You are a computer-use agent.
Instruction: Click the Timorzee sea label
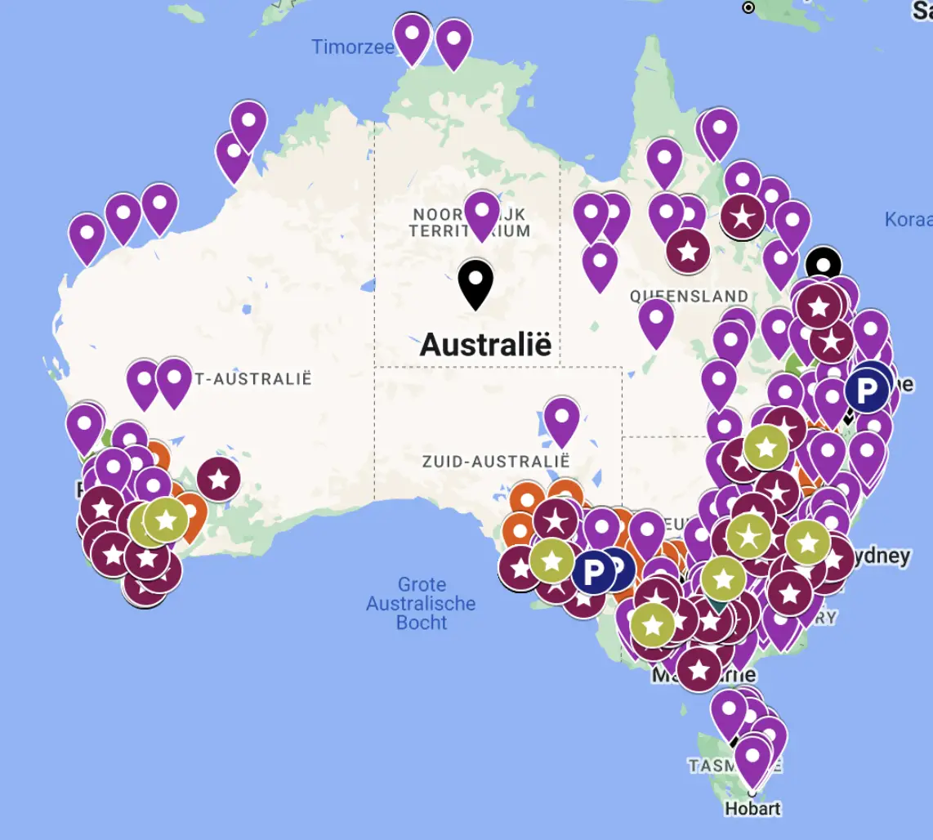(x=352, y=47)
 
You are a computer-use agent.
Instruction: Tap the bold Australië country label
(x=485, y=344)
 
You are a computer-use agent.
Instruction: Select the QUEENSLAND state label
(x=689, y=296)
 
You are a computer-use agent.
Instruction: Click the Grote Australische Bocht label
(x=421, y=604)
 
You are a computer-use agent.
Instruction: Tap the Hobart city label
(x=752, y=809)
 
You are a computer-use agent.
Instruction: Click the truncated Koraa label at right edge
(x=908, y=220)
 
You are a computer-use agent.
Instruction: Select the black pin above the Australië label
(x=475, y=282)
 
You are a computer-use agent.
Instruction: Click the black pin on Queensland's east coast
(x=823, y=265)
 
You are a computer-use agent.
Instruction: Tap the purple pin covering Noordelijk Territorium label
(x=481, y=212)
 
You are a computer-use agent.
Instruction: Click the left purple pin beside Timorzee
(x=412, y=36)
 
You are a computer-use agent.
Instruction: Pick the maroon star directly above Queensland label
(x=688, y=250)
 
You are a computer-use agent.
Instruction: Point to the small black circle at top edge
(x=748, y=7)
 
